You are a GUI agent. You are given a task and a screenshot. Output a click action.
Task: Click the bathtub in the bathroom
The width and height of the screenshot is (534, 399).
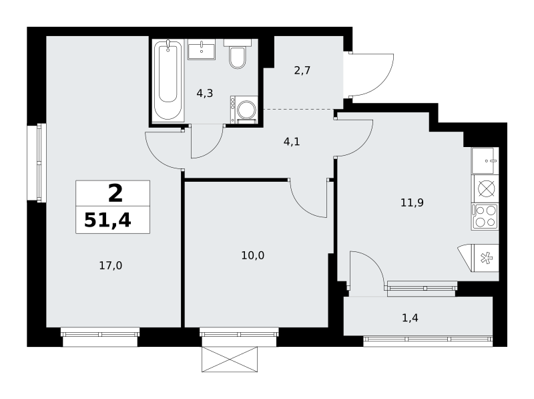168,80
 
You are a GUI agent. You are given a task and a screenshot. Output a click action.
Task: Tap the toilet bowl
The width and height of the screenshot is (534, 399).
238,57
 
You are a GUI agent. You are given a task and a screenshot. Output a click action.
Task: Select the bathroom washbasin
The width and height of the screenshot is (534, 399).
202,49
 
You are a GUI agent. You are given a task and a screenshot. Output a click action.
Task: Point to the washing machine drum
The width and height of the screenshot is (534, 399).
247,110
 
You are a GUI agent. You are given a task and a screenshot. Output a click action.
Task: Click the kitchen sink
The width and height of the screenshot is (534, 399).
485,160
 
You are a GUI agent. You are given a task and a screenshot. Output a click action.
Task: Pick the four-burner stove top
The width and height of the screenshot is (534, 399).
485,217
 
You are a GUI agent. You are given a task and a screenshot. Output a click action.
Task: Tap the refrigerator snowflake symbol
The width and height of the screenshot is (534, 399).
487,258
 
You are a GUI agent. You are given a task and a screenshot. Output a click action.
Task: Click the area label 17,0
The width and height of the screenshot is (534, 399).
110,265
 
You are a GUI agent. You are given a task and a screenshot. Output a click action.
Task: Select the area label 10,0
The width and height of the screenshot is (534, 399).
253,255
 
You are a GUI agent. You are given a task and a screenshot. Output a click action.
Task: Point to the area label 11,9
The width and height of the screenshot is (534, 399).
412,203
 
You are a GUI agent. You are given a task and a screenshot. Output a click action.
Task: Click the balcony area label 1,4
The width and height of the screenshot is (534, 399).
410,318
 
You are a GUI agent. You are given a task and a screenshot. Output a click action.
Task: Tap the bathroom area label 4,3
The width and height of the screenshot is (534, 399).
205,93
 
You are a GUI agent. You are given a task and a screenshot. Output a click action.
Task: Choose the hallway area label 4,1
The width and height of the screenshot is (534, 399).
292,141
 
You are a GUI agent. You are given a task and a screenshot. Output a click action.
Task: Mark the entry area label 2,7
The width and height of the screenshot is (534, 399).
302,71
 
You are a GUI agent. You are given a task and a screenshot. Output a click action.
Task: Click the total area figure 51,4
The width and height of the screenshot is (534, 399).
107,220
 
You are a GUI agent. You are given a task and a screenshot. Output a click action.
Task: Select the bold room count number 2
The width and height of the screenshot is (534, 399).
115,193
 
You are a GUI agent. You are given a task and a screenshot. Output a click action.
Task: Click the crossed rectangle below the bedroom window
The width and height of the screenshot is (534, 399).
230,359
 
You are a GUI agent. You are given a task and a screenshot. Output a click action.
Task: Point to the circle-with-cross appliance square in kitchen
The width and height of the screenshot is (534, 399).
485,189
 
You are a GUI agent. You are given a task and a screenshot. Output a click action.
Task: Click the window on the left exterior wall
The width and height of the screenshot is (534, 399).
37,163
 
